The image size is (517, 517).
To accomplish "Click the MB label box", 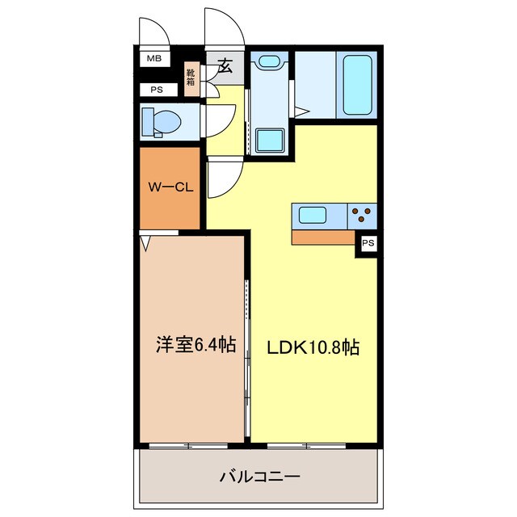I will pyautogui.click(x=153, y=58).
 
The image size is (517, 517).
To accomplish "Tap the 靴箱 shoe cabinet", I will pyautogui.click(x=191, y=79).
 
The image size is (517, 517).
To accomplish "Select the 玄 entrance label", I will pyautogui.click(x=225, y=67).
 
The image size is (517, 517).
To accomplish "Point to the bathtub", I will pyautogui.click(x=359, y=84).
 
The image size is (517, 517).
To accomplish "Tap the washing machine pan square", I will pyautogui.click(x=268, y=140).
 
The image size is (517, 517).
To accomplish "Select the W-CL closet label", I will pyautogui.click(x=170, y=188).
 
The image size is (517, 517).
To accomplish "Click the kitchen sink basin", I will pyautogui.click(x=313, y=216).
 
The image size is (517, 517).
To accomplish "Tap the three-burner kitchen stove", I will pyautogui.click(x=364, y=216).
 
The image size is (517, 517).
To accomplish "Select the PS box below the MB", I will pyautogui.click(x=153, y=90).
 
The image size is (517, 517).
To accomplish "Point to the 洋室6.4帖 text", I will pyautogui.click(x=195, y=346).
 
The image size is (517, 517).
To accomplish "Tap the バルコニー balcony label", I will pyautogui.click(x=259, y=477).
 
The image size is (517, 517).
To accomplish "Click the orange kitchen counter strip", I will pyautogui.click(x=324, y=237).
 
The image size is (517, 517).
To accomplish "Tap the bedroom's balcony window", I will pyautogui.click(x=188, y=445).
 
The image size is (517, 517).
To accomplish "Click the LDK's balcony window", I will pyautogui.click(x=307, y=445).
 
